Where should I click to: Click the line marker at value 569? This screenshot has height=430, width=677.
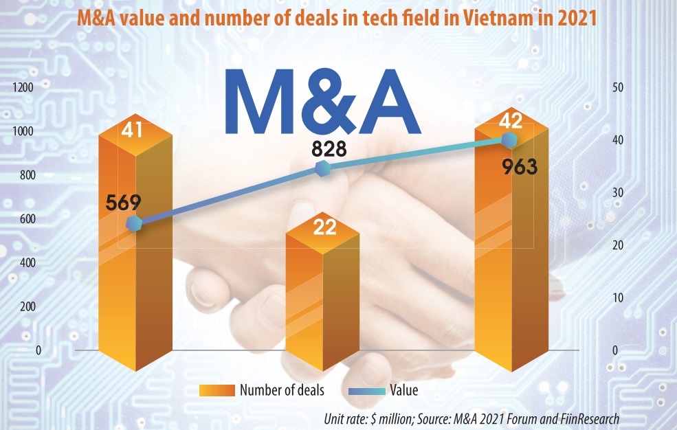135,223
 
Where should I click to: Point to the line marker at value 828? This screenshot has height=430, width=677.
321,168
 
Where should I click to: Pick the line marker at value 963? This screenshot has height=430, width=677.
509,140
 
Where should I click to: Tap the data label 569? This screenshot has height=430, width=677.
124,203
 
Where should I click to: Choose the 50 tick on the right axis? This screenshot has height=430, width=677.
617,87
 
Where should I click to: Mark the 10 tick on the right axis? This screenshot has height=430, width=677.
617,297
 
